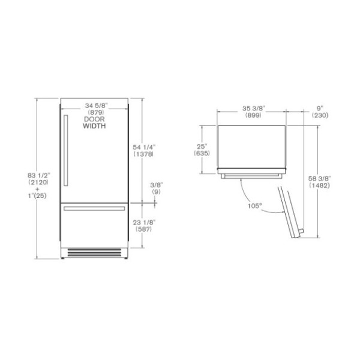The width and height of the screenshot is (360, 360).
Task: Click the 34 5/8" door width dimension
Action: click(x=96, y=106)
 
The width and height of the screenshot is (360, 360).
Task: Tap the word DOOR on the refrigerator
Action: click(x=94, y=119)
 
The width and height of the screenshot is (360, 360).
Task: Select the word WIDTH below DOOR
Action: click(x=94, y=126)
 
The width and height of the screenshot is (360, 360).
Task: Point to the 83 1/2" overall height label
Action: click(x=38, y=176)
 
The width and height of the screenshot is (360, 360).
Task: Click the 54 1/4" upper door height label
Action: click(x=144, y=147)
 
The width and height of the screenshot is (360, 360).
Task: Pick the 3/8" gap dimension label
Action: click(x=157, y=185)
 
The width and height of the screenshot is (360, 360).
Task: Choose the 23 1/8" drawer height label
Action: click(x=144, y=222)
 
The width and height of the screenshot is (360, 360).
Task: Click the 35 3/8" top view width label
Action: click(x=254, y=108)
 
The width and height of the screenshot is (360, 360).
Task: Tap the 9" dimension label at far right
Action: click(x=320, y=108)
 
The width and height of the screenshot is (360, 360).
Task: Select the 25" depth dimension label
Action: click(x=202, y=146)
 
